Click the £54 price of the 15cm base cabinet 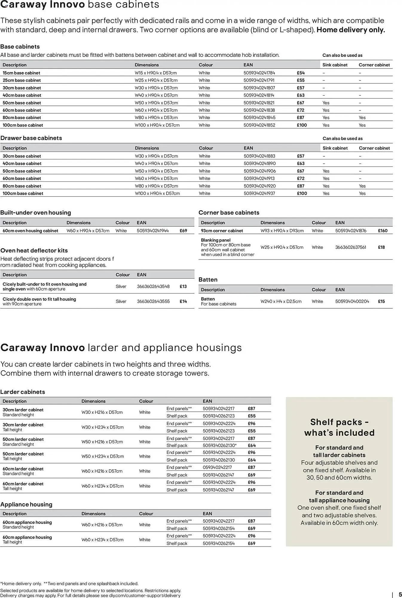300,73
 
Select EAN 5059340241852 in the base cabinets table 259,125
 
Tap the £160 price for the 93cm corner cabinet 382,231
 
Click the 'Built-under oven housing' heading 36,213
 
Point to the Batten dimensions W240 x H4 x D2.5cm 281,301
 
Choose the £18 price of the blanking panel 381,247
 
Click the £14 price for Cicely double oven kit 183,301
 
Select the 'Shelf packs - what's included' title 339,427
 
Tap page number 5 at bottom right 400,594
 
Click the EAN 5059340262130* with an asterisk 219,446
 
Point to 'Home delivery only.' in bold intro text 351,30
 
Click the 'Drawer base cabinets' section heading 31,138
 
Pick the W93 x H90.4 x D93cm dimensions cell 282,231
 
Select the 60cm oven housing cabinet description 30,231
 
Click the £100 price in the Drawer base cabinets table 302,193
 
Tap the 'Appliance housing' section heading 26,504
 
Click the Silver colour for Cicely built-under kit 121,286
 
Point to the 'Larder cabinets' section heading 22,392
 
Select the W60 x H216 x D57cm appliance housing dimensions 102,525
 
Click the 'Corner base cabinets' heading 229,213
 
